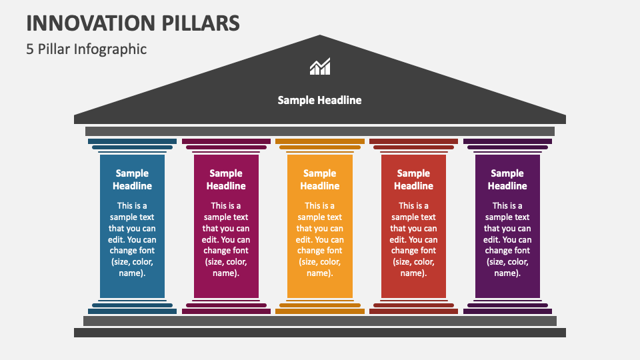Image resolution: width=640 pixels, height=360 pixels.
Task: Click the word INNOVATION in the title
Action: click(91, 23)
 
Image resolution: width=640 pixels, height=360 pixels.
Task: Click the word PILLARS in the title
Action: click(201, 23)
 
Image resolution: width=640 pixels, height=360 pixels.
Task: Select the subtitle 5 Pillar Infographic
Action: click(87, 49)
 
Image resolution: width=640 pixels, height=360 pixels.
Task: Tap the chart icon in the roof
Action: click(320, 66)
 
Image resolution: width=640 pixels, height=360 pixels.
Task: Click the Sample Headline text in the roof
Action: click(319, 101)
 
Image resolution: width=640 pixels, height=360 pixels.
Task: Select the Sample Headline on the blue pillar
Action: click(132, 179)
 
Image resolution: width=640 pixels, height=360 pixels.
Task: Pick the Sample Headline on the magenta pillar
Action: click(226, 179)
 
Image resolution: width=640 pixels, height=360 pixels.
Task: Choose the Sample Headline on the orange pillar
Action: click(320, 179)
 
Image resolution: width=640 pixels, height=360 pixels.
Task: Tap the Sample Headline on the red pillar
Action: click(413, 179)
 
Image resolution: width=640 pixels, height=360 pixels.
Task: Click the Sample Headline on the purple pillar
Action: click(507, 179)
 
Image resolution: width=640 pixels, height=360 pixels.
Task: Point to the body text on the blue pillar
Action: click(132, 239)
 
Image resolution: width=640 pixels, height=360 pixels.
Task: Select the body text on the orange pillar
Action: click(320, 239)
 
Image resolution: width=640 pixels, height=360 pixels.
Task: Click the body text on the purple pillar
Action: click(507, 239)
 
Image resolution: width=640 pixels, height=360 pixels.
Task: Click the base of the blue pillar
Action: click(132, 307)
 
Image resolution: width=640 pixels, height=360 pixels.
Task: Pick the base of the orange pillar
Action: click(320, 307)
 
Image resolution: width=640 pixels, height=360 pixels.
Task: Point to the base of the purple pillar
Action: click(507, 307)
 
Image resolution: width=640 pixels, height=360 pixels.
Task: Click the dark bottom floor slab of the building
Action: click(320, 333)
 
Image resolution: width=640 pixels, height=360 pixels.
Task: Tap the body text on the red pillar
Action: click(413, 239)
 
